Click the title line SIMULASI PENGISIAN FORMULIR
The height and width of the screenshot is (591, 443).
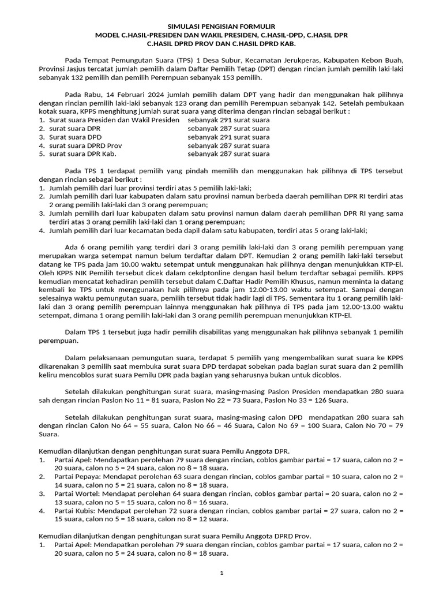[221, 27]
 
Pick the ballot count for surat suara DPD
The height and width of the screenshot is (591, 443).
[228, 137]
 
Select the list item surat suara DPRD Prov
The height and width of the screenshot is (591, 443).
[85, 146]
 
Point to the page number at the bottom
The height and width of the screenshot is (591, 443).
[221, 573]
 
